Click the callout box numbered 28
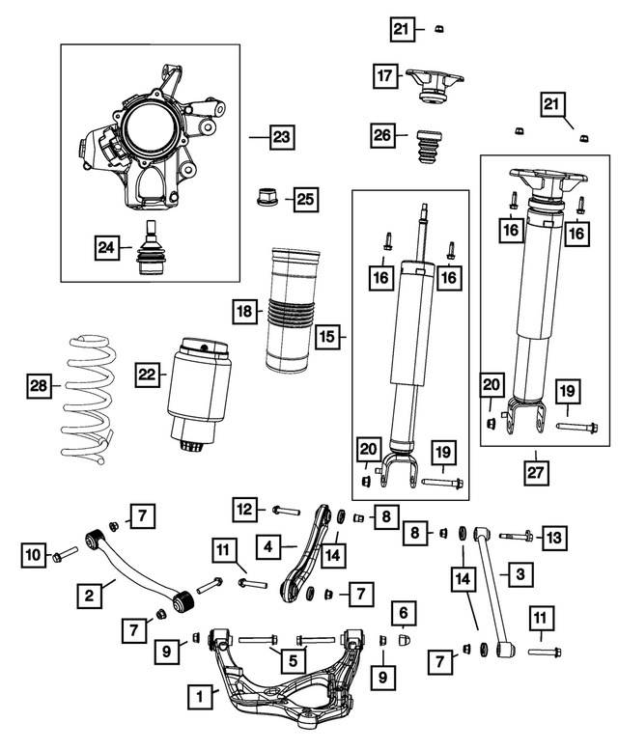[37, 387]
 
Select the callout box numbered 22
[146, 374]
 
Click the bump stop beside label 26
[427, 153]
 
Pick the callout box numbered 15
[328, 337]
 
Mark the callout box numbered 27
[534, 472]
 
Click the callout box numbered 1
[200, 693]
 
